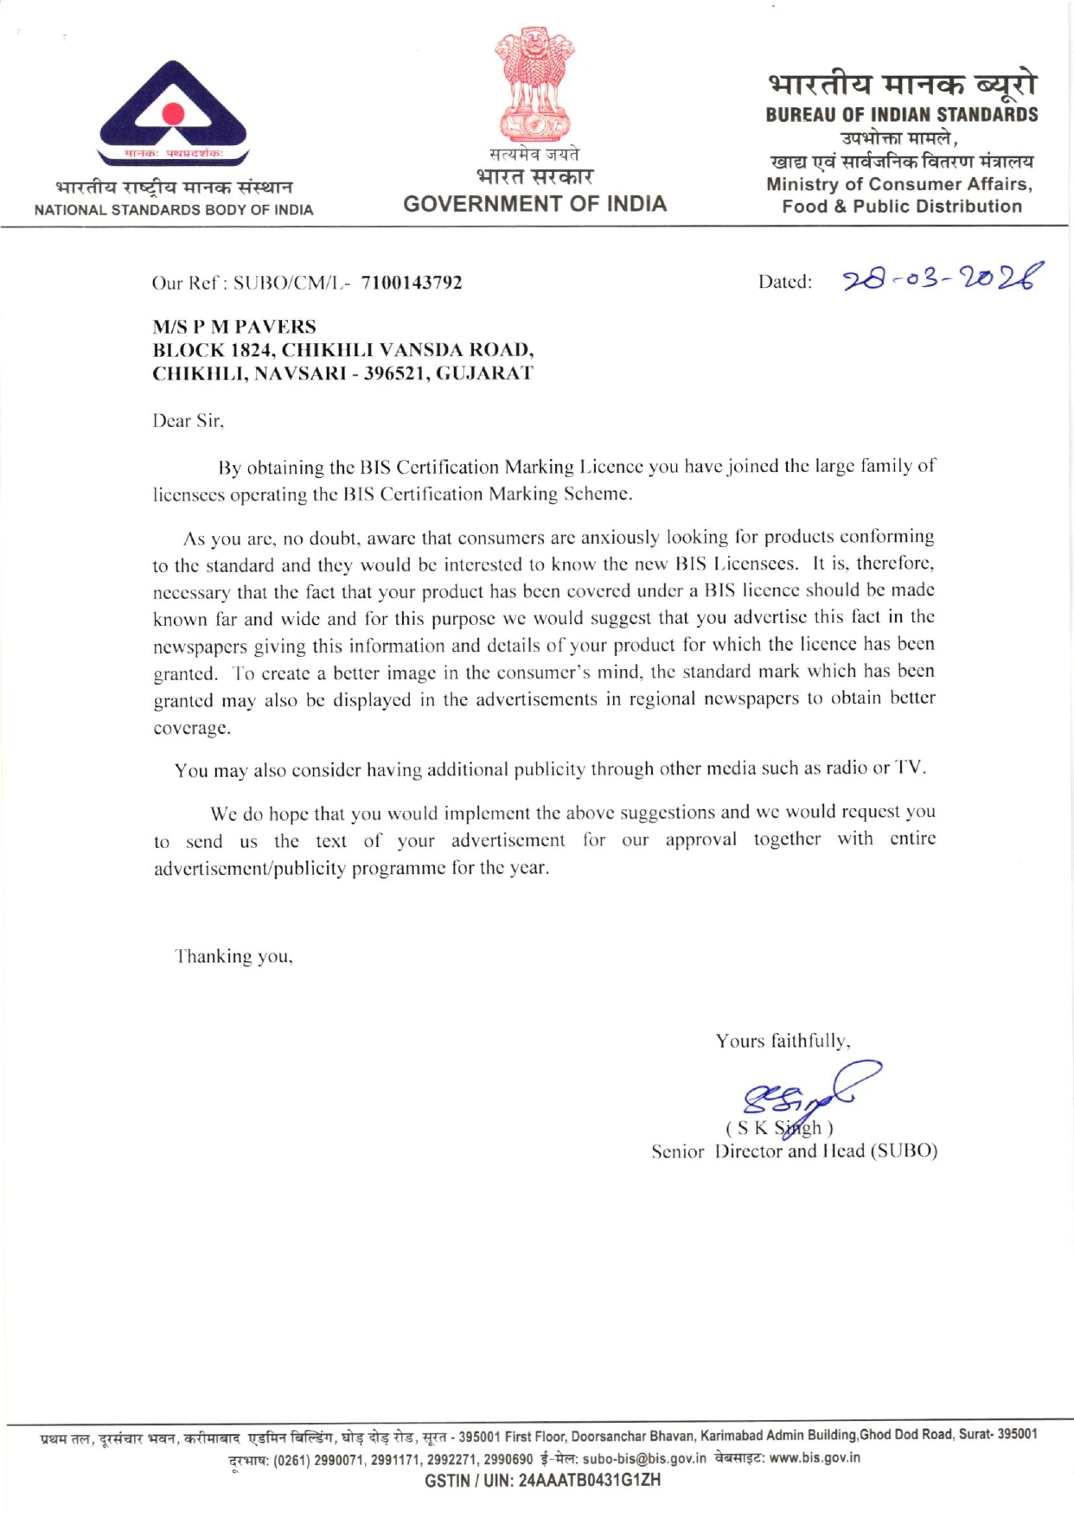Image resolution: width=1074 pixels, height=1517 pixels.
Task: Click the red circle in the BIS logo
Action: pyautogui.click(x=174, y=115)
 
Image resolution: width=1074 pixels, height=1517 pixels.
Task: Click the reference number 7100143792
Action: pyautogui.click(x=412, y=283)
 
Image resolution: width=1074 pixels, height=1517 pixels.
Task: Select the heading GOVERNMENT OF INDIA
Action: pyautogui.click(x=534, y=204)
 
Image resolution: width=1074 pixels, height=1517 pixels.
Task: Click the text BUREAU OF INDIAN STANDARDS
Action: pyautogui.click(x=901, y=114)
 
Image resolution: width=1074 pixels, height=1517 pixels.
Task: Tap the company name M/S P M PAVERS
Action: pyautogui.click(x=234, y=327)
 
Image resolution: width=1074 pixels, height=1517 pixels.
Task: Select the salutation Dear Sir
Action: pyautogui.click(x=188, y=421)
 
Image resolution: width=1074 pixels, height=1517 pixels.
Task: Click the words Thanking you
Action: pyautogui.click(x=234, y=956)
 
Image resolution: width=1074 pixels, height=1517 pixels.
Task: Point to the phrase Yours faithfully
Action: pyautogui.click(x=783, y=1041)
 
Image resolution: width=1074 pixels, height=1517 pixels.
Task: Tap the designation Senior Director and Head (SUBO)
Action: pyautogui.click(x=794, y=1151)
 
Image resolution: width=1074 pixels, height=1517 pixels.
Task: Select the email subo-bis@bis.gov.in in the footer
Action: pyautogui.click(x=644, y=1458)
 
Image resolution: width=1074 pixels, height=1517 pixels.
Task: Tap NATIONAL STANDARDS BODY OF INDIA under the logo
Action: pyautogui.click(x=174, y=210)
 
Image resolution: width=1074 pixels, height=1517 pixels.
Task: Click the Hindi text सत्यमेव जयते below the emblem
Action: pyautogui.click(x=534, y=155)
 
